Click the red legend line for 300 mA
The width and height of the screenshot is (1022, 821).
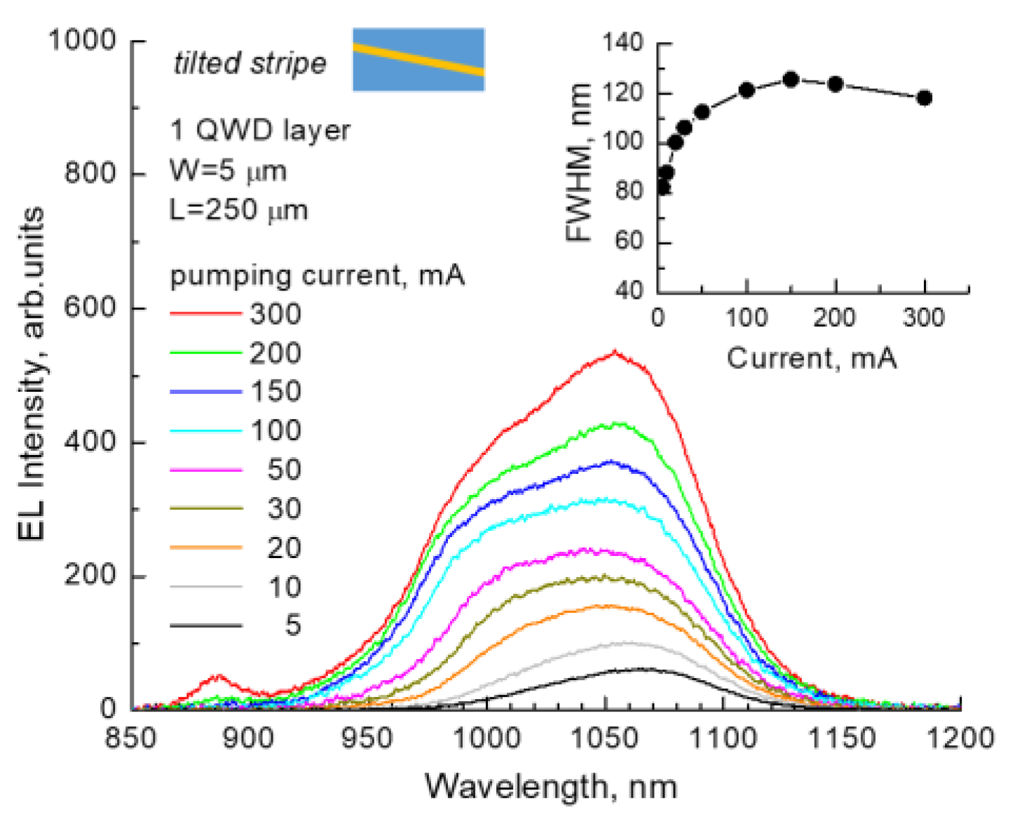pos(205,313)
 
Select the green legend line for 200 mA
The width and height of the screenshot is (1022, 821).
pos(205,353)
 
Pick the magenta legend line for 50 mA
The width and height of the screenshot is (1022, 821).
pos(205,470)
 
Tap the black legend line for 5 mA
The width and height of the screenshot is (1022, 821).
pos(205,625)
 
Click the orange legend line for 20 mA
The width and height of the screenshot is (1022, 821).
pos(205,547)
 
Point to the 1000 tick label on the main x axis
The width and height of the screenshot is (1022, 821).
pos(486,738)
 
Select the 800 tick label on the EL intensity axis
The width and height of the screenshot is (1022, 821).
pos(90,172)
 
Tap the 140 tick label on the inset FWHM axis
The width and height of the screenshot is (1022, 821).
pos(622,43)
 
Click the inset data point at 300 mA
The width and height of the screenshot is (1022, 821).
pos(925,98)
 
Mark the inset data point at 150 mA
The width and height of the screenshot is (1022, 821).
pos(791,80)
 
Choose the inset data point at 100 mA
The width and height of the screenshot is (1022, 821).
pos(747,90)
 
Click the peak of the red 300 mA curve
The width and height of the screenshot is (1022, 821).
pos(615,353)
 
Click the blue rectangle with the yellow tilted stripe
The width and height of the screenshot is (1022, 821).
pos(418,60)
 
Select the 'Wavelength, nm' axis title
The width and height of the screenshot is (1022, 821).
pos(551,787)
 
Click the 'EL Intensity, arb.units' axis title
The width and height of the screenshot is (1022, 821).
pos(31,374)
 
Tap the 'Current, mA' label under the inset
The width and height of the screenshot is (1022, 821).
pos(811,358)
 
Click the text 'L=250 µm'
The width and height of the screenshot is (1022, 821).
pos(238,210)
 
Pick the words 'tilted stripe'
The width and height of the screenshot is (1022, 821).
pos(250,64)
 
